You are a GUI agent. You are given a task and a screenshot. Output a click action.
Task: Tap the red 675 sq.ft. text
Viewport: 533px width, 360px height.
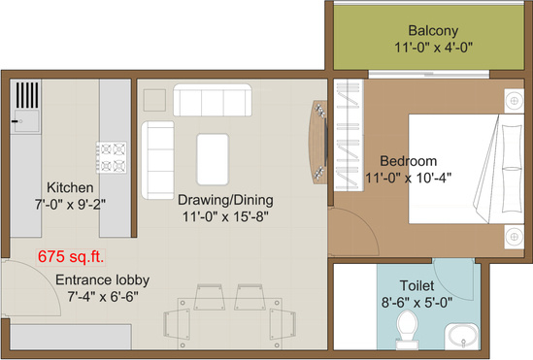tap(71, 257)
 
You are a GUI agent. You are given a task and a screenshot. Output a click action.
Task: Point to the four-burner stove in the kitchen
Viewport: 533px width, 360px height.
tap(110, 152)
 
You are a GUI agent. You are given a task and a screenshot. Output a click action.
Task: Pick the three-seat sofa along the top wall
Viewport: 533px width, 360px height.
tap(211, 101)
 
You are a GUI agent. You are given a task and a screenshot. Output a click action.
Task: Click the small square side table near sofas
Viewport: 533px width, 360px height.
tap(153, 100)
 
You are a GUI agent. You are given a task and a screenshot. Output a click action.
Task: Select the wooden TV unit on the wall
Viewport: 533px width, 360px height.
tap(317, 141)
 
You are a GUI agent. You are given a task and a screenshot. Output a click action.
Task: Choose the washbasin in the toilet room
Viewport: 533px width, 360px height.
tap(465, 338)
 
